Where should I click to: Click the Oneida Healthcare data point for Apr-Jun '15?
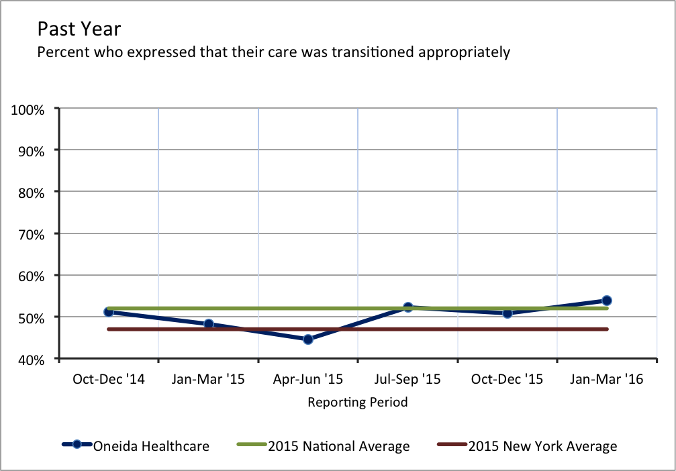click(x=308, y=339)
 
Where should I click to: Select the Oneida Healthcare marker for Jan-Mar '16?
click(x=606, y=301)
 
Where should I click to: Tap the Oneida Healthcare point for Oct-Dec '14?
click(x=109, y=312)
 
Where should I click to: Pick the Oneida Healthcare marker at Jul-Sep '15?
click(x=407, y=307)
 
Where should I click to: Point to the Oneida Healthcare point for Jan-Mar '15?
click(x=208, y=324)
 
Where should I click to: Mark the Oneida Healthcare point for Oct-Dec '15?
click(x=507, y=313)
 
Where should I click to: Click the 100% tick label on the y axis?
click(x=28, y=109)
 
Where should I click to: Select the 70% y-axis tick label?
click(x=30, y=234)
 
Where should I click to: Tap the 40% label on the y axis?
click(x=30, y=359)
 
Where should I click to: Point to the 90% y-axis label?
click(x=30, y=150)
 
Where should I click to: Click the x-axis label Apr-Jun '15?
click(x=308, y=380)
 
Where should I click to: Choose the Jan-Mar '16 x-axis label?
click(x=607, y=380)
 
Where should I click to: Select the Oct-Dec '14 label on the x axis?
click(x=109, y=380)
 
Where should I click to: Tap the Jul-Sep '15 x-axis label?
click(x=407, y=380)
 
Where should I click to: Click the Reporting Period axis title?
click(x=357, y=403)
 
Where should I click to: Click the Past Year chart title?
click(x=79, y=29)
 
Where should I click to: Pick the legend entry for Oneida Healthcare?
click(x=151, y=446)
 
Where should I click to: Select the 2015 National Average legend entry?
click(x=338, y=446)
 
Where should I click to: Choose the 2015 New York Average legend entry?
click(x=542, y=446)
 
